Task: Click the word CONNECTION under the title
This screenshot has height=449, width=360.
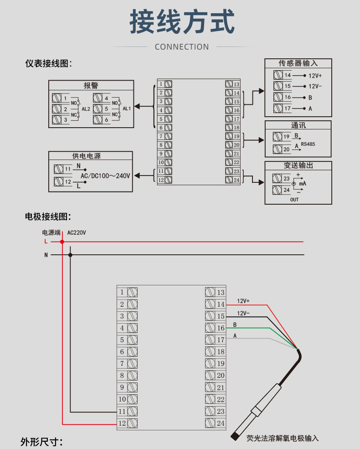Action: tap(182, 46)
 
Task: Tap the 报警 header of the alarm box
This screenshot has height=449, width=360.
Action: tap(91, 85)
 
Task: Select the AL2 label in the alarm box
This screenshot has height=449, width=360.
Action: tap(86, 109)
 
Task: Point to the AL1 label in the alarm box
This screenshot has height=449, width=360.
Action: tap(127, 109)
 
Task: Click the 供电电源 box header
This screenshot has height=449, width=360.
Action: tap(86, 156)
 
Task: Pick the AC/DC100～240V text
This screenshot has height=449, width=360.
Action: tap(105, 175)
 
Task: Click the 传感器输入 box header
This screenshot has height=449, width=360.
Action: tap(298, 63)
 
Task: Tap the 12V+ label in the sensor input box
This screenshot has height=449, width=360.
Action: tap(315, 76)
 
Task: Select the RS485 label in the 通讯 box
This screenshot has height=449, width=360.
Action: tap(308, 144)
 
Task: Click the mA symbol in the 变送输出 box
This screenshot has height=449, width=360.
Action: tap(302, 183)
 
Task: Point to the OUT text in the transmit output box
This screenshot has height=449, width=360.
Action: tap(294, 200)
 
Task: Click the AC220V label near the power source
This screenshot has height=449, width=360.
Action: tap(77, 232)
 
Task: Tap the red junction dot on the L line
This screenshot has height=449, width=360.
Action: tap(62, 242)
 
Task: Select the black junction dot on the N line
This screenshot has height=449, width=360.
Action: tap(70, 255)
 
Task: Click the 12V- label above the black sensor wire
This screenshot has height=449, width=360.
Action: tap(243, 313)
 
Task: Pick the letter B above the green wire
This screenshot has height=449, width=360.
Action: tap(235, 325)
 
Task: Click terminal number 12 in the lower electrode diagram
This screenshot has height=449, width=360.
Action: tap(122, 423)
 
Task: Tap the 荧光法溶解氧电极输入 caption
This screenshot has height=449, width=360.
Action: tap(282, 438)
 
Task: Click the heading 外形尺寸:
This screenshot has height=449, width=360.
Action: tap(41, 442)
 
